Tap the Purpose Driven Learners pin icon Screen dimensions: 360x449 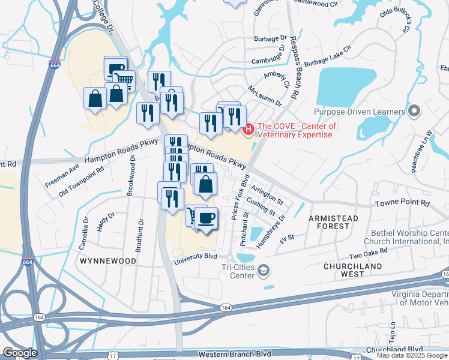click(414, 112)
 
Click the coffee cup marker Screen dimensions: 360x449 click(206, 218)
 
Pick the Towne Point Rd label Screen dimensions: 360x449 click(403, 204)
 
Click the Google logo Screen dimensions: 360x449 click(20, 353)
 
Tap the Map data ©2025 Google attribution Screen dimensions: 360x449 click(412, 355)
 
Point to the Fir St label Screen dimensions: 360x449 click(287, 238)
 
